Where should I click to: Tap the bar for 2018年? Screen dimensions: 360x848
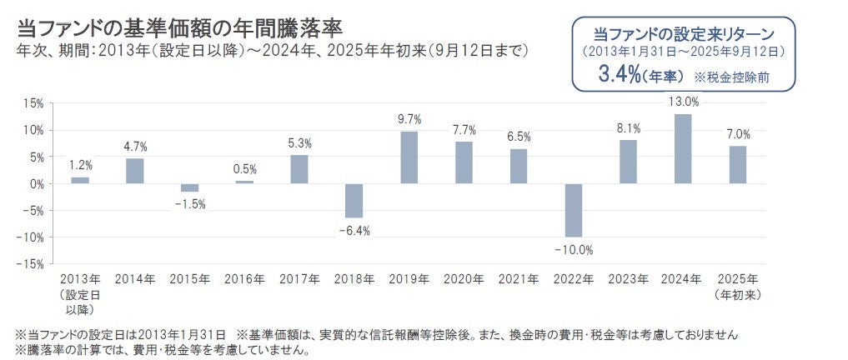pos(354,200)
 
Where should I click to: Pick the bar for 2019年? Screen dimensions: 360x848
pos(409,157)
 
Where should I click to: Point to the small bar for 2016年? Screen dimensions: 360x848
pos(244,182)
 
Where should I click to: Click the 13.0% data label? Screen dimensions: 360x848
pos(683,102)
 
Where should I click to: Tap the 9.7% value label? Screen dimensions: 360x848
pos(409,119)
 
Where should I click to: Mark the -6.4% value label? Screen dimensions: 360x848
pos(354,230)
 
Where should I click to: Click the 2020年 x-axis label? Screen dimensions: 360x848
pos(464,278)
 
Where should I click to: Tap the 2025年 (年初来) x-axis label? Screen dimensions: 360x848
pos(737,286)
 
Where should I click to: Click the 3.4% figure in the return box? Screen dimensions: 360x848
pos(618,75)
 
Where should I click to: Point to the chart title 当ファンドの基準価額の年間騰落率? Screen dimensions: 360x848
pos(167,29)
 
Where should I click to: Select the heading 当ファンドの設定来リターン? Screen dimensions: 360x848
pos(684,34)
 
